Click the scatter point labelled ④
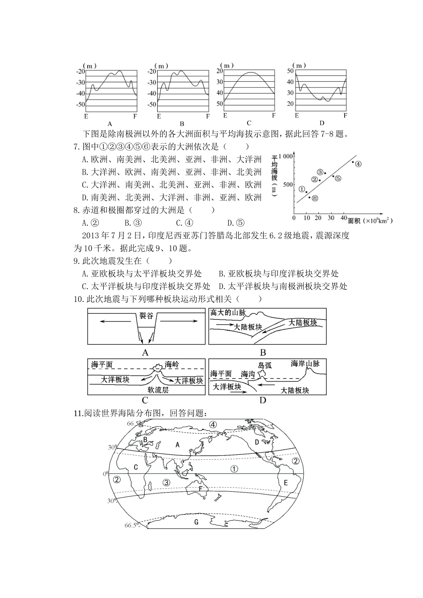pyautogui.click(x=353, y=162)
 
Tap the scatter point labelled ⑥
pyautogui.click(x=309, y=197)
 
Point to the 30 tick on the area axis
pyautogui.click(x=331, y=218)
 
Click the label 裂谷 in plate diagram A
pyautogui.click(x=146, y=316)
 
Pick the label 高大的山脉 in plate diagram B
pyautogui.click(x=228, y=313)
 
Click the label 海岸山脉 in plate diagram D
pyautogui.click(x=305, y=364)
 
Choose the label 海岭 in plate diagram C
pyautogui.click(x=171, y=365)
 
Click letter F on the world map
pyautogui.click(x=200, y=489)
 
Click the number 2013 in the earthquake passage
pyautogui.click(x=92, y=235)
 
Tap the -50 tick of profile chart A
pyautogui.click(x=80, y=104)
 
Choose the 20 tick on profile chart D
pyautogui.click(x=290, y=104)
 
